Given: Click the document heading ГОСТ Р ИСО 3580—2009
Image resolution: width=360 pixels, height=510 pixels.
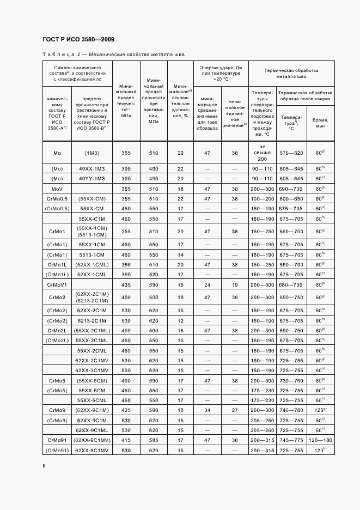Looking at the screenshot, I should coord(78,39).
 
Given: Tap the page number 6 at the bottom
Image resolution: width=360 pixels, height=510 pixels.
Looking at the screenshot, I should coord(44,465).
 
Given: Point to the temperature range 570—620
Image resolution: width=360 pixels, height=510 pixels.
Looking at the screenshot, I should coord(290,154).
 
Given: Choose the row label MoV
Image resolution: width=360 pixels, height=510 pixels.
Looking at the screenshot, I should coord(57,189).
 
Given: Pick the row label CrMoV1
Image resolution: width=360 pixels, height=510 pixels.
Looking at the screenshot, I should coord(57,284).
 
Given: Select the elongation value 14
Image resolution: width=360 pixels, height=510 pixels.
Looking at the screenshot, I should coord(180,254).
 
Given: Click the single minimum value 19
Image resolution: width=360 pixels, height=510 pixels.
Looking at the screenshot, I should coord(235,284).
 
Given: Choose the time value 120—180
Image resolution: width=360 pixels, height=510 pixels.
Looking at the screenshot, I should coord(320,440).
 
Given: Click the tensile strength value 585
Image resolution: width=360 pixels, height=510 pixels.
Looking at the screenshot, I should coord(153,440).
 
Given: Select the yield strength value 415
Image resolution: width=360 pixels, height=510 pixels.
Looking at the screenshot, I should coord(126,440).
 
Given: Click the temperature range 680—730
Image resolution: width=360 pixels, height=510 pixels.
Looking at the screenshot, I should coord(290,284).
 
